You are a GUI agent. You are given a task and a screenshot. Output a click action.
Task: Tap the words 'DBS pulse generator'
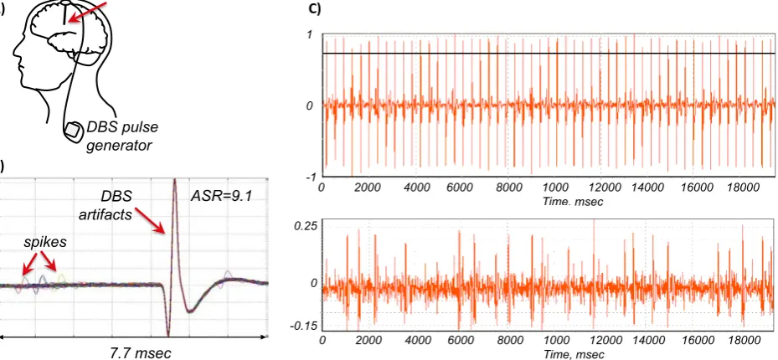122,136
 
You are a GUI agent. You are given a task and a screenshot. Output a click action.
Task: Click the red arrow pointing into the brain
87,12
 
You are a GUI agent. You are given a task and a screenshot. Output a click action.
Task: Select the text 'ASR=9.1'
222,196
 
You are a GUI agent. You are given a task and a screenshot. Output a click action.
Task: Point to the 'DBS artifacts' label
115,205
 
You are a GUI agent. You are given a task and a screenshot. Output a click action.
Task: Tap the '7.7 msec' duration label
140,352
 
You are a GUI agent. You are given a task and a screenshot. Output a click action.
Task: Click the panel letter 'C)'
315,8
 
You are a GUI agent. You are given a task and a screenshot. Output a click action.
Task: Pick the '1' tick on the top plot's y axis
311,34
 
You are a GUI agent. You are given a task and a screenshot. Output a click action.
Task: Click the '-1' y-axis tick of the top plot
311,177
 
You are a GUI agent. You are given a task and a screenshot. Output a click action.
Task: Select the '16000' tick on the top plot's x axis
693,188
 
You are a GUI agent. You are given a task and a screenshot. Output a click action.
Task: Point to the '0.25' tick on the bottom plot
304,225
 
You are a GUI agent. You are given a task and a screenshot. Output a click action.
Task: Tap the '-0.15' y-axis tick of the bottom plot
304,326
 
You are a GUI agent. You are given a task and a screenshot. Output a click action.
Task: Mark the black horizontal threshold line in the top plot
549,53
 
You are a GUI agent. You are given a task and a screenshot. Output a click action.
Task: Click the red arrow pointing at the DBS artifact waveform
149,219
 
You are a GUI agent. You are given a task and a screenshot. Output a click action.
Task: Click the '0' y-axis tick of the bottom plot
311,283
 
